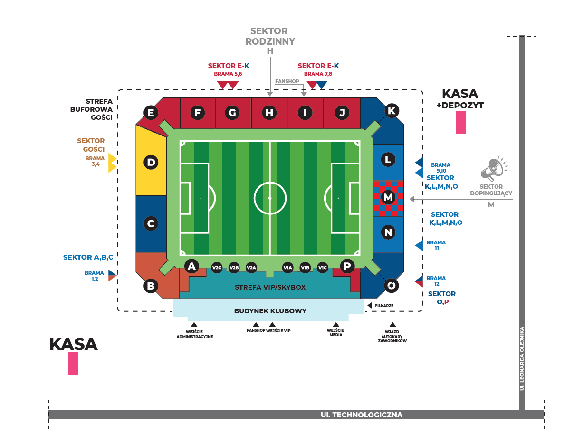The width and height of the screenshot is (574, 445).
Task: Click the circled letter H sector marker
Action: [269, 113]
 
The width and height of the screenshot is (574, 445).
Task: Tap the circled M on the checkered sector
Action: [388, 196]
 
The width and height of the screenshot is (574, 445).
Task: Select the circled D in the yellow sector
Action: [151, 163]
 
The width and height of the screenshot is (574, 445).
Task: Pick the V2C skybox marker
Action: [217, 268]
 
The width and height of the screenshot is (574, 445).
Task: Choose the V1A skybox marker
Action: [287, 268]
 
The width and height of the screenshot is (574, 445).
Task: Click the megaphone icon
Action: [493, 168]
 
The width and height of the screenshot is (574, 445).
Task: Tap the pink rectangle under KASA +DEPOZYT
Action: [460, 123]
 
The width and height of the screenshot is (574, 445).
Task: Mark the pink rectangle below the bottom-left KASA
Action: [73, 364]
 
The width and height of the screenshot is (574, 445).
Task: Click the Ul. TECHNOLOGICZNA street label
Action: [362, 415]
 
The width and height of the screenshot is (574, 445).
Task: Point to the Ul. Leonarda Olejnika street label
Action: [522, 358]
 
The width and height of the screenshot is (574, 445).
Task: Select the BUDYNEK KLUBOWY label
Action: [270, 311]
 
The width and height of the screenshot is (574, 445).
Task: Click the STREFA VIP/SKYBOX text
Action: [270, 287]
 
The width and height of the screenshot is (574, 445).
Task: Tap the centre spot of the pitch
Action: [270, 198]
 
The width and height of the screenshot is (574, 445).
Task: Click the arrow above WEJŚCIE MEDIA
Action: [335, 324]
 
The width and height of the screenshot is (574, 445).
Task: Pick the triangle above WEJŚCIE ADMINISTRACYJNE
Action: [194, 324]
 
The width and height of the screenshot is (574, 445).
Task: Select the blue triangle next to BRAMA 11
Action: [419, 245]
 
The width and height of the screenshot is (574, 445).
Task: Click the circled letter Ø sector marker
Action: [392, 285]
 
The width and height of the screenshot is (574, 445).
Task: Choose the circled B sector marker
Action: [151, 286]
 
